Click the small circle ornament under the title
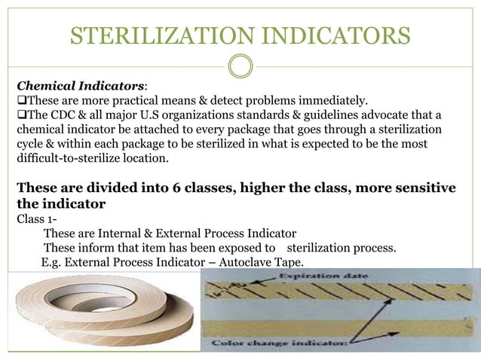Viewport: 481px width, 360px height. (x=240, y=66)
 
